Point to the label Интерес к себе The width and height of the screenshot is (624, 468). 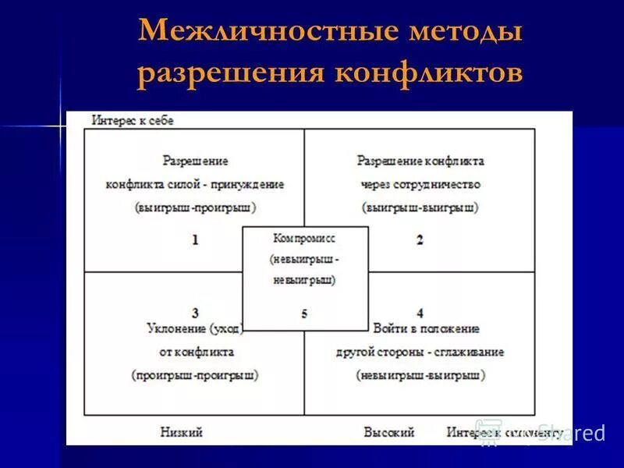point(133,120)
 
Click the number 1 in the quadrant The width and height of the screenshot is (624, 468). point(195,239)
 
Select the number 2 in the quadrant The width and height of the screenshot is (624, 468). point(420,239)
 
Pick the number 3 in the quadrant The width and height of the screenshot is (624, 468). point(195,313)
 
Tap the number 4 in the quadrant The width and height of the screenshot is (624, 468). point(420,313)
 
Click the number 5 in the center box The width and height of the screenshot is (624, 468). point(304,314)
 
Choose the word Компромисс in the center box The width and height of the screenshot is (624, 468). point(304,236)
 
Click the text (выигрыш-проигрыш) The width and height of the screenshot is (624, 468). point(195,207)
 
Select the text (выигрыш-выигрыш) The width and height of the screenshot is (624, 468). point(420,207)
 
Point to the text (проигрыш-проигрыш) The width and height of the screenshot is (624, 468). point(195,374)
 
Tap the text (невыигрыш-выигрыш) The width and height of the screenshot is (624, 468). point(420,374)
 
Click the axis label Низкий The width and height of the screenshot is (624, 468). point(182,431)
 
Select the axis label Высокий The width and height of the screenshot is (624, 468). point(388,431)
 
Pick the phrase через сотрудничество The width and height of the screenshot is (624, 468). point(420,185)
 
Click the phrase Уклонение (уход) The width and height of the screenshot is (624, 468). point(195,329)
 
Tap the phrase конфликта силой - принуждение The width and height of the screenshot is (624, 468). point(195,185)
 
